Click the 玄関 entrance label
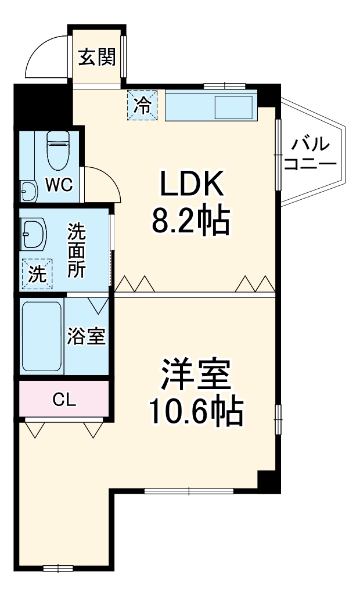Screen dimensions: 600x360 [x=97, y=57]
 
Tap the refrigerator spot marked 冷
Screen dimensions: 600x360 [x=142, y=105]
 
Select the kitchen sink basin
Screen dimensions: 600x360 [x=233, y=107]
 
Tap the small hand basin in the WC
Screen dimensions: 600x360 [x=27, y=189]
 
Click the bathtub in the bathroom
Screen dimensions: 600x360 [x=41, y=337]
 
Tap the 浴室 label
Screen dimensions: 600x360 [x=86, y=336]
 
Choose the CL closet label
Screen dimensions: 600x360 [x=64, y=399]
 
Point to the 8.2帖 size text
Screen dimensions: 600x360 [x=191, y=220]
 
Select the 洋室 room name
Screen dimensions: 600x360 [x=196, y=376]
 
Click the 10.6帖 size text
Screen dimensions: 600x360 [x=195, y=411]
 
